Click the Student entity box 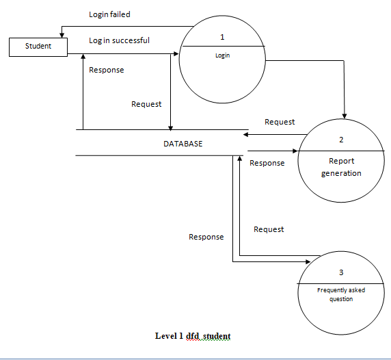click(x=38, y=47)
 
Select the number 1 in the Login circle click(x=222, y=36)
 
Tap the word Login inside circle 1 click(x=222, y=55)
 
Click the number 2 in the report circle click(x=341, y=140)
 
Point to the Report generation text click(x=341, y=167)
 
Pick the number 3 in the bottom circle click(x=341, y=273)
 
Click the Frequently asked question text click(x=341, y=294)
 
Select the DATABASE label click(x=183, y=144)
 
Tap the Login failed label click(x=109, y=14)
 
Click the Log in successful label click(x=119, y=40)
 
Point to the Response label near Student click(x=107, y=70)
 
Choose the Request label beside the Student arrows click(x=146, y=104)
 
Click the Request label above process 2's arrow click(x=280, y=122)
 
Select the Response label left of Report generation click(x=267, y=163)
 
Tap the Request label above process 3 click(x=269, y=229)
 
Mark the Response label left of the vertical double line click(x=206, y=237)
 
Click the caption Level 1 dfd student click(x=193, y=336)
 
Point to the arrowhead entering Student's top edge click(x=63, y=35)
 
